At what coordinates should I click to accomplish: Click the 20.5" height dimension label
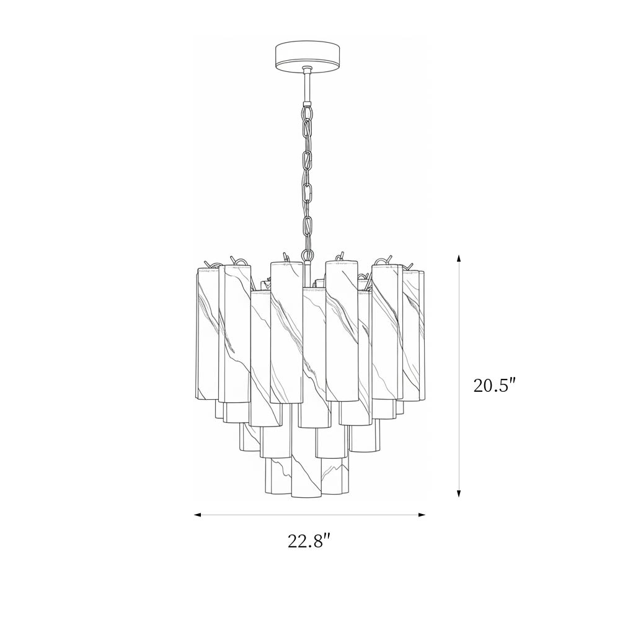(495, 385)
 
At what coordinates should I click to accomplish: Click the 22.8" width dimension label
(308, 541)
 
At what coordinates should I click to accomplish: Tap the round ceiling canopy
(306, 55)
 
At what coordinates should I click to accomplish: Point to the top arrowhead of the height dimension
(459, 259)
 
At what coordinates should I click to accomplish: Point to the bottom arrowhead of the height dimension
(459, 493)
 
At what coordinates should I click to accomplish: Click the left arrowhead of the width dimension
(198, 515)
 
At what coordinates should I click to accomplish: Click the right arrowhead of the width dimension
(422, 515)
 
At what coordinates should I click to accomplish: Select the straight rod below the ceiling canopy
(306, 86)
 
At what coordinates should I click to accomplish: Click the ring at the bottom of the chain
(306, 254)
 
